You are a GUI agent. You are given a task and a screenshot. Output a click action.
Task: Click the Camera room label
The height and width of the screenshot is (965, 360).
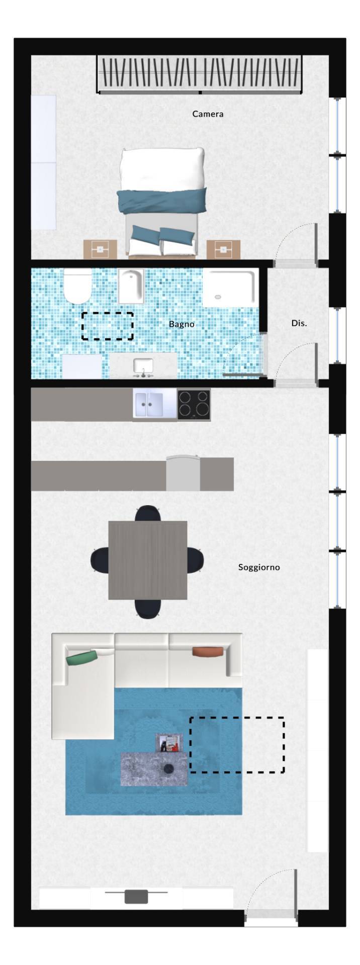pyautogui.click(x=208, y=114)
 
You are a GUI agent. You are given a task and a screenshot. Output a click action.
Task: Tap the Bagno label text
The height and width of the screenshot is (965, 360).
pyautogui.click(x=182, y=324)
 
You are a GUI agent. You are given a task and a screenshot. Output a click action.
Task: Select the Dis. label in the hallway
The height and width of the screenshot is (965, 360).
pyautogui.click(x=299, y=323)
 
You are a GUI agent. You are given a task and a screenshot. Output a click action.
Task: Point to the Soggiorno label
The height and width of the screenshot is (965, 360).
pyautogui.click(x=259, y=567)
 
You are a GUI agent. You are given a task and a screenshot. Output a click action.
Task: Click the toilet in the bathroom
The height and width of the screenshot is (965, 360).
pyautogui.click(x=77, y=286)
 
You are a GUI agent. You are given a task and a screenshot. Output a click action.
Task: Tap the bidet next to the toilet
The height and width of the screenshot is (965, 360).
pyautogui.click(x=131, y=286)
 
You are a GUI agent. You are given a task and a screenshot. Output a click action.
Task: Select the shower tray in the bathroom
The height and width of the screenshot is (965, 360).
pyautogui.click(x=230, y=287)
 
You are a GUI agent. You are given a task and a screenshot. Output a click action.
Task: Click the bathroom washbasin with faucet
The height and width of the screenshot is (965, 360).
pyautogui.click(x=143, y=366)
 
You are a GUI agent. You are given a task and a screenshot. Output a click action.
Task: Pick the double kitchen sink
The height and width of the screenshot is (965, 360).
pyautogui.click(x=155, y=404)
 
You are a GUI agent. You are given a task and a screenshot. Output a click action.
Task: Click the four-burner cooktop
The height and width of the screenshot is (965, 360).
pyautogui.click(x=194, y=404)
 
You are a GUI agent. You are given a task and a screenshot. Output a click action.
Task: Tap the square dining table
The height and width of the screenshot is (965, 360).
pyautogui.click(x=148, y=560)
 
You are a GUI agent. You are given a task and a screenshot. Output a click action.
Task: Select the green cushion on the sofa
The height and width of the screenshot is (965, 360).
pyautogui.click(x=82, y=657)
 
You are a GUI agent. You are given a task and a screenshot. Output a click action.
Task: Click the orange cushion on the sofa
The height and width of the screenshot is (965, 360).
pyautogui.click(x=207, y=651)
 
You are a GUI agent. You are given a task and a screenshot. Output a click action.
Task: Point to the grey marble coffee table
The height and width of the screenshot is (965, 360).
pyautogui.click(x=154, y=769)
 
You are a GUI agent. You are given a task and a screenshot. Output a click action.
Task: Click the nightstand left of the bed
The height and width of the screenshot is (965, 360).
pyautogui.click(x=100, y=249)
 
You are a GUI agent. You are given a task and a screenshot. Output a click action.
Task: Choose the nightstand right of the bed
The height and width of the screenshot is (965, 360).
pyautogui.click(x=223, y=249)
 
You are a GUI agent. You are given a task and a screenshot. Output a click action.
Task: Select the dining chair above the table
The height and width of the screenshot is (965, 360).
pyautogui.click(x=148, y=513)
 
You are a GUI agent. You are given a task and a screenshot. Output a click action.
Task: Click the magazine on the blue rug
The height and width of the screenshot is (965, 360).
pyautogui.click(x=169, y=743)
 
